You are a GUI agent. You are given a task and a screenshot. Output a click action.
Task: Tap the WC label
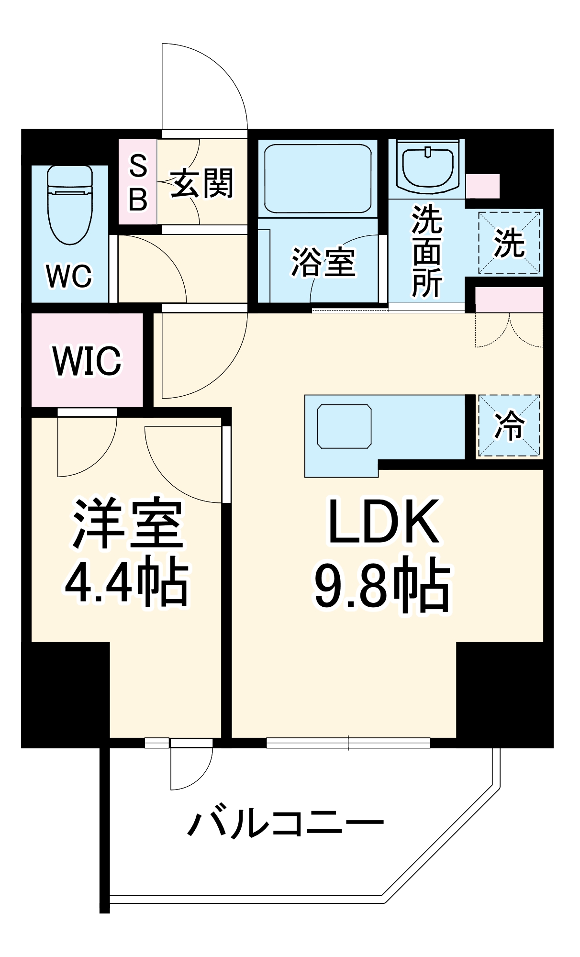click(x=69, y=276)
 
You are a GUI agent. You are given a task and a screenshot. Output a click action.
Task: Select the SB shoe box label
click(x=138, y=182)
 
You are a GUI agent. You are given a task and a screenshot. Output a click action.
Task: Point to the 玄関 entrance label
click(x=202, y=183)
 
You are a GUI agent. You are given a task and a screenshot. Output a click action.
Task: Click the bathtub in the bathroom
click(x=317, y=178)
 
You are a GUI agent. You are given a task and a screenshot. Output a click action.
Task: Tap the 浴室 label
click(x=323, y=262)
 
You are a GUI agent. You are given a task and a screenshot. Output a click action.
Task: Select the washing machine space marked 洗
click(x=509, y=243)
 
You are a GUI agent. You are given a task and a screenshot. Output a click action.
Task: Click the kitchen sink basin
click(x=344, y=426)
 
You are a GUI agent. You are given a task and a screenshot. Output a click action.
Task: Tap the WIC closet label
click(x=87, y=360)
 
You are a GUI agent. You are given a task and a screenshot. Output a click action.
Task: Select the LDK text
click(x=383, y=522)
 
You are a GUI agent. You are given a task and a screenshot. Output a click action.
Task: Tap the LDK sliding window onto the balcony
click(x=348, y=743)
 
